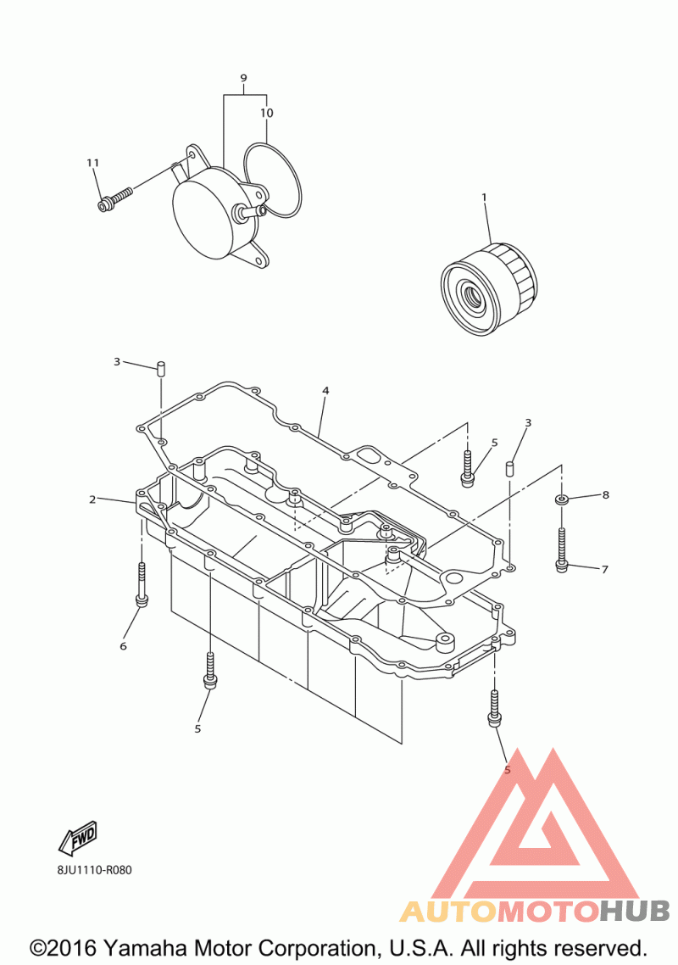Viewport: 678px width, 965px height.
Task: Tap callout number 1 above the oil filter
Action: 484,198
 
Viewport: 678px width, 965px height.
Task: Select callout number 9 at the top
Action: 243,79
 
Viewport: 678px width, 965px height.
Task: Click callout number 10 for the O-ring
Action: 267,113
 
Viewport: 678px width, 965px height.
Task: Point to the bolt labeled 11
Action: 115,200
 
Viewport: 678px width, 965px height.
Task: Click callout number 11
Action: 92,163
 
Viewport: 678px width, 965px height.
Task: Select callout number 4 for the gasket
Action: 325,391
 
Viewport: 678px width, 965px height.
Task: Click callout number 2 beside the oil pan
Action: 92,499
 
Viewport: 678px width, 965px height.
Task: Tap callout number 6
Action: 123,646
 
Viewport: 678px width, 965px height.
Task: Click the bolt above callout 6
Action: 142,584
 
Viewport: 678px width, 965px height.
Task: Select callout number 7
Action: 604,570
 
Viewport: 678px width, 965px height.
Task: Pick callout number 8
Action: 605,494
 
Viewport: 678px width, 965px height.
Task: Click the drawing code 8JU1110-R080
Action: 89,870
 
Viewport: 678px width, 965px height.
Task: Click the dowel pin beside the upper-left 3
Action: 159,368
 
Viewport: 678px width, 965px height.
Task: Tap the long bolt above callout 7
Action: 562,547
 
